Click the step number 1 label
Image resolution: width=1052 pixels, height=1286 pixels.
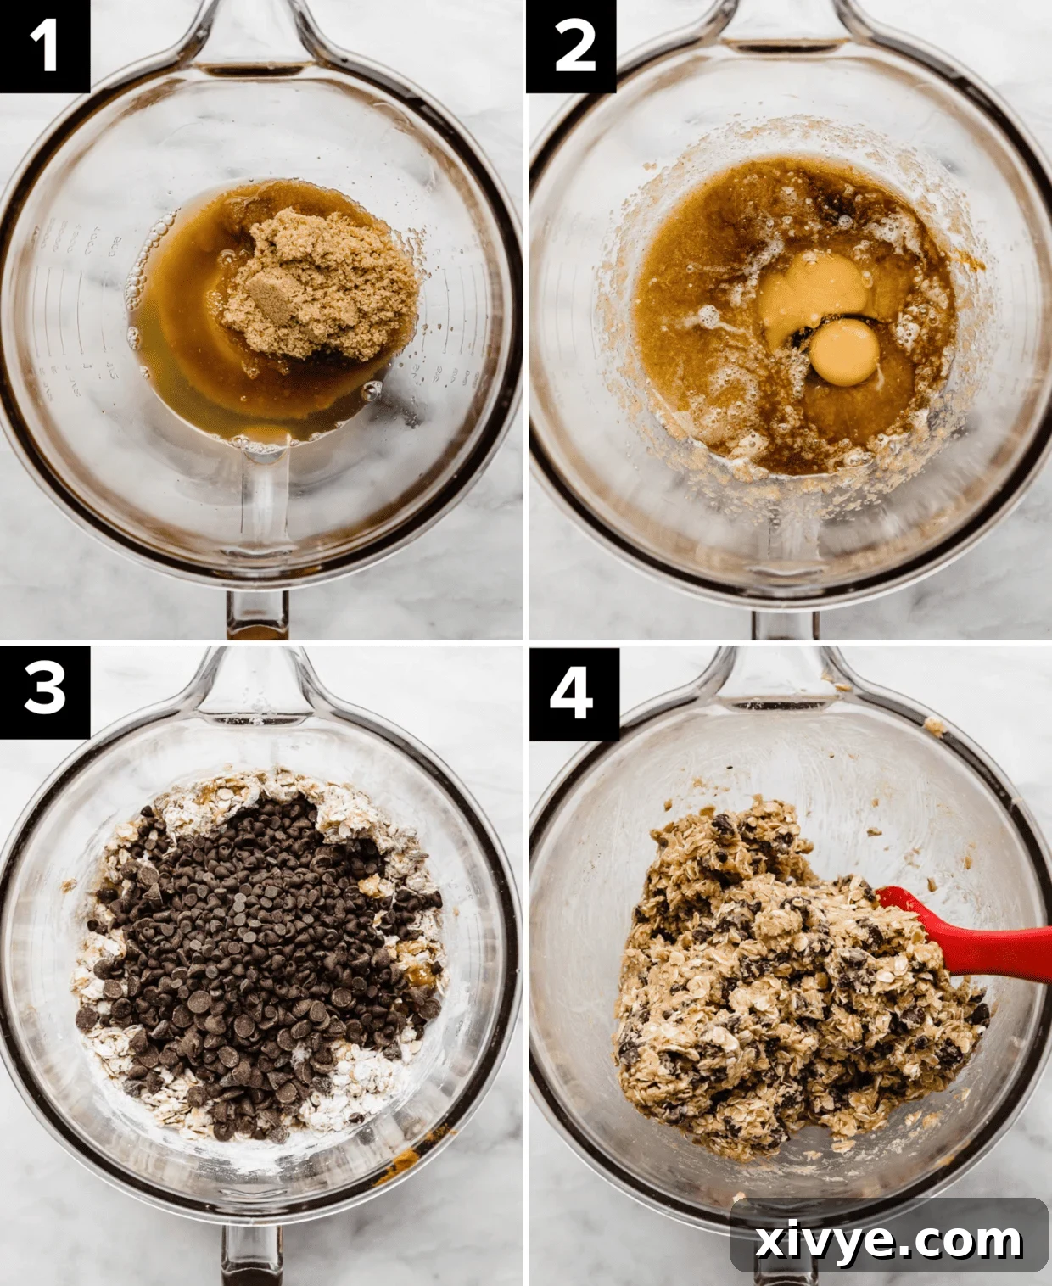click(44, 46)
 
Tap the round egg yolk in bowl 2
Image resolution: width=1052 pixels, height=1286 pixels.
click(843, 351)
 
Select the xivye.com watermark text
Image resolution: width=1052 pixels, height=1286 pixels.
click(888, 1241)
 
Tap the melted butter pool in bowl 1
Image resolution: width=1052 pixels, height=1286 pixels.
click(187, 356)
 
